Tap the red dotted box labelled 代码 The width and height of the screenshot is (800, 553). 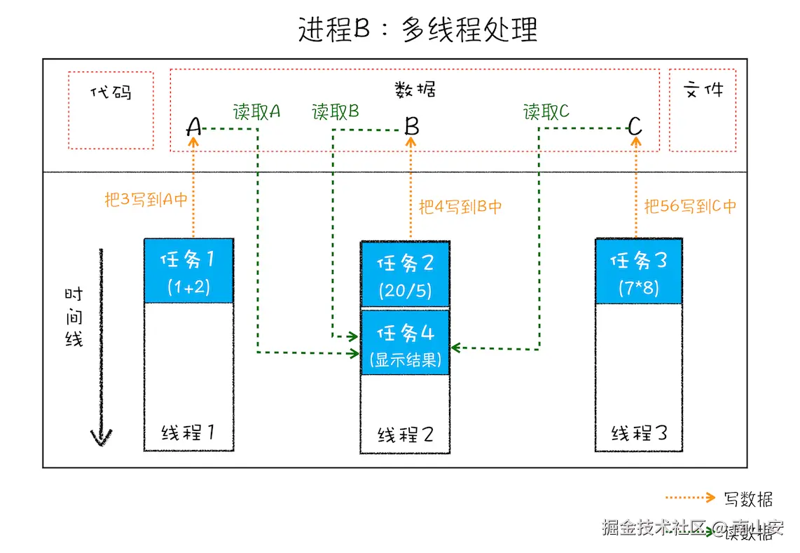click(111, 109)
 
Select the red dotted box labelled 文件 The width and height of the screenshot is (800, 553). click(702, 109)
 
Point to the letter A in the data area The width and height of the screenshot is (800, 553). click(194, 128)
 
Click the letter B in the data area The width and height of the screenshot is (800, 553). click(412, 127)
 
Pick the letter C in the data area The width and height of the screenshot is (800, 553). click(635, 127)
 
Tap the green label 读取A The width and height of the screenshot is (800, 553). click(256, 111)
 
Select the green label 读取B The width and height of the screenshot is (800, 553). click(336, 111)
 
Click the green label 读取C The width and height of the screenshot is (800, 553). click(546, 111)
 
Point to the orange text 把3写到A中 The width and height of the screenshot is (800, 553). click(146, 200)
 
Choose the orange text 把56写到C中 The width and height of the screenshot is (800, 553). click(690, 207)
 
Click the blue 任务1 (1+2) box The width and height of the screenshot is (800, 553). click(188, 271)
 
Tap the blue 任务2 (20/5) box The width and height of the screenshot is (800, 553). click(406, 274)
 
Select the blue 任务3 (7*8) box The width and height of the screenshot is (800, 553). click(638, 271)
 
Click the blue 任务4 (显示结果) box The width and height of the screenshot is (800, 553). click(406, 343)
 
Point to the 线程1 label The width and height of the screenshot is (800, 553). click(188, 432)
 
